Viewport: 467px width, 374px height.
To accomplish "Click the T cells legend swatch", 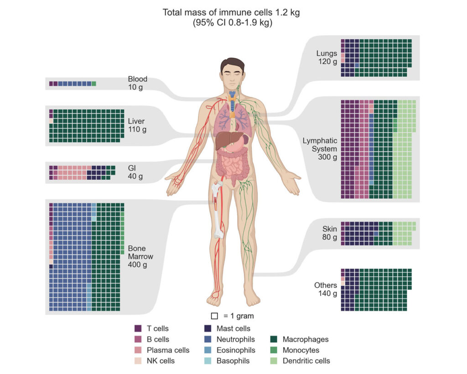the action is [x=138, y=328].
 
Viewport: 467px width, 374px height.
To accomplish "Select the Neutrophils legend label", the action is [x=236, y=339].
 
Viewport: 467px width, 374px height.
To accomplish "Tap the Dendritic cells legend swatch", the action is [x=274, y=361].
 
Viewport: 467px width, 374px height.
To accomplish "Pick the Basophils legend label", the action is [x=233, y=361].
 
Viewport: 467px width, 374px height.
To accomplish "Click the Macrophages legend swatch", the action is [x=274, y=339].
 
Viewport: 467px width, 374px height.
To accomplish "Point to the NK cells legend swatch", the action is [x=138, y=361].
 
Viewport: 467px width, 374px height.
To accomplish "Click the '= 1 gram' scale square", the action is [x=214, y=316].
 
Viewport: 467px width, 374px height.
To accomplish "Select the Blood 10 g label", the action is [x=137, y=83].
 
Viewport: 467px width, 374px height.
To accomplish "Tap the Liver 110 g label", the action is [x=137, y=125].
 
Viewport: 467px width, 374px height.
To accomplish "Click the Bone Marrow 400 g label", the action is [x=140, y=257].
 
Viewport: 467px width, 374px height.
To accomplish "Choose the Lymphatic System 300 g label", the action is [x=320, y=149].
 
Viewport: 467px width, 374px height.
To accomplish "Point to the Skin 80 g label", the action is [x=329, y=233].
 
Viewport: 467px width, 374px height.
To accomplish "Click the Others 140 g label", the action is [x=326, y=290].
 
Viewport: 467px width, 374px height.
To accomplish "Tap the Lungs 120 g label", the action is [x=327, y=57].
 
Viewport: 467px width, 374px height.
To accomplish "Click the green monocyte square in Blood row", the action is [x=94, y=84].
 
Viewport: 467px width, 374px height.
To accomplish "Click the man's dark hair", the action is [x=232, y=64].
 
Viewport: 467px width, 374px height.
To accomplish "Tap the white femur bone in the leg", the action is [x=218, y=209].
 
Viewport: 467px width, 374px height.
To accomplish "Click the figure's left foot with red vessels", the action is [x=215, y=298].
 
